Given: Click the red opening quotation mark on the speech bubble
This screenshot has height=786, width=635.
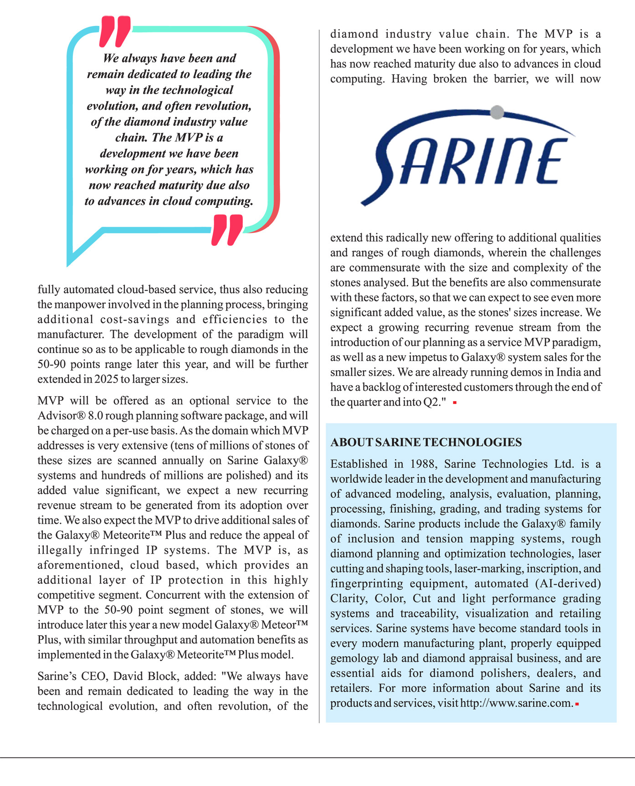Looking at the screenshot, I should pos(115,31).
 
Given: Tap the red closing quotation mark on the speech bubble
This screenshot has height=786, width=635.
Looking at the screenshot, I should pos(227,230).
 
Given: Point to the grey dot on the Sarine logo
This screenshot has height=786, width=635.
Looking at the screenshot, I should pos(497,112).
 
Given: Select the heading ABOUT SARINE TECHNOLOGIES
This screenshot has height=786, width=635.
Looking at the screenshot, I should pos(426,442).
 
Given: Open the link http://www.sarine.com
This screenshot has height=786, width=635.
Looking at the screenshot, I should pos(517,703).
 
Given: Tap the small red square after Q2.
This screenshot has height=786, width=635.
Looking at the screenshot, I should pos(455,403).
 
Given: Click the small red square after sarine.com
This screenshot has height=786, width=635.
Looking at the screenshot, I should pos(577,704).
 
